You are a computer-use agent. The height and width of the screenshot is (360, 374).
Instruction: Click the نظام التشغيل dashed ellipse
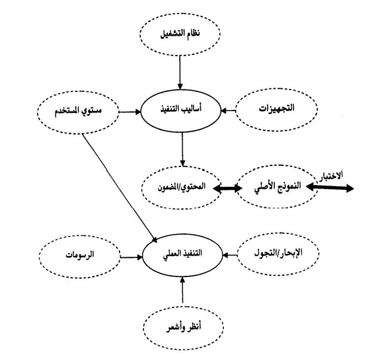tap(180, 33)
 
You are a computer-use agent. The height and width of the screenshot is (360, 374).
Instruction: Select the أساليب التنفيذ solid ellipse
tap(180, 110)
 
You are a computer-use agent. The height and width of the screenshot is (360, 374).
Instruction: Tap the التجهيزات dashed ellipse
tap(277, 110)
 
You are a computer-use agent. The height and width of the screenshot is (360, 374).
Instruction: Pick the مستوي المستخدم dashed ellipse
tap(78, 112)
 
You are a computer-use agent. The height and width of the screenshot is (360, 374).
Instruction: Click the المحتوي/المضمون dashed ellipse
tap(181, 187)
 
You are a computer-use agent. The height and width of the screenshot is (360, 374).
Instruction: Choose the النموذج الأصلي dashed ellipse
tap(278, 186)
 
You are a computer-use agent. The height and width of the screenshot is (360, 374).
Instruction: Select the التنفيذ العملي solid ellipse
tap(182, 256)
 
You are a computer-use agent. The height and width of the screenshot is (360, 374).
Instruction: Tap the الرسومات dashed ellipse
tap(79, 257)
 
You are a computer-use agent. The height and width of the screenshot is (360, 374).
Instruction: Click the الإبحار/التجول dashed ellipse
tap(278, 253)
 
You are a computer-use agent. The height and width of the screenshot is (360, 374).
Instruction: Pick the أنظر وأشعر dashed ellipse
tap(183, 328)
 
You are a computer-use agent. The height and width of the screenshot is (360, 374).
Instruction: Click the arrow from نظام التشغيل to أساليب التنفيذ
tap(180, 72)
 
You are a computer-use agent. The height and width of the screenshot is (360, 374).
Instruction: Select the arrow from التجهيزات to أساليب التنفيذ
tap(228, 110)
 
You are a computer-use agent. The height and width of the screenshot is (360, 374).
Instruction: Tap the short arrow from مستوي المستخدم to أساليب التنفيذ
tap(130, 112)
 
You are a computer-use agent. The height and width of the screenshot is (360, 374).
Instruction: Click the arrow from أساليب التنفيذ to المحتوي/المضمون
tap(183, 149)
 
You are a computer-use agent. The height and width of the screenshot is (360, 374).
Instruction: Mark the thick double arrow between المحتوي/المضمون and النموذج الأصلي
tap(228, 188)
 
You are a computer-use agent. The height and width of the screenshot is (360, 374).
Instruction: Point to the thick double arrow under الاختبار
tap(329, 187)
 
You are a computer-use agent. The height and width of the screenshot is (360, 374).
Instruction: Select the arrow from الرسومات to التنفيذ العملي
tap(131, 257)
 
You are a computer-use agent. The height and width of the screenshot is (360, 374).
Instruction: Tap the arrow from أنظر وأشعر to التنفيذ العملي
tap(182, 290)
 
